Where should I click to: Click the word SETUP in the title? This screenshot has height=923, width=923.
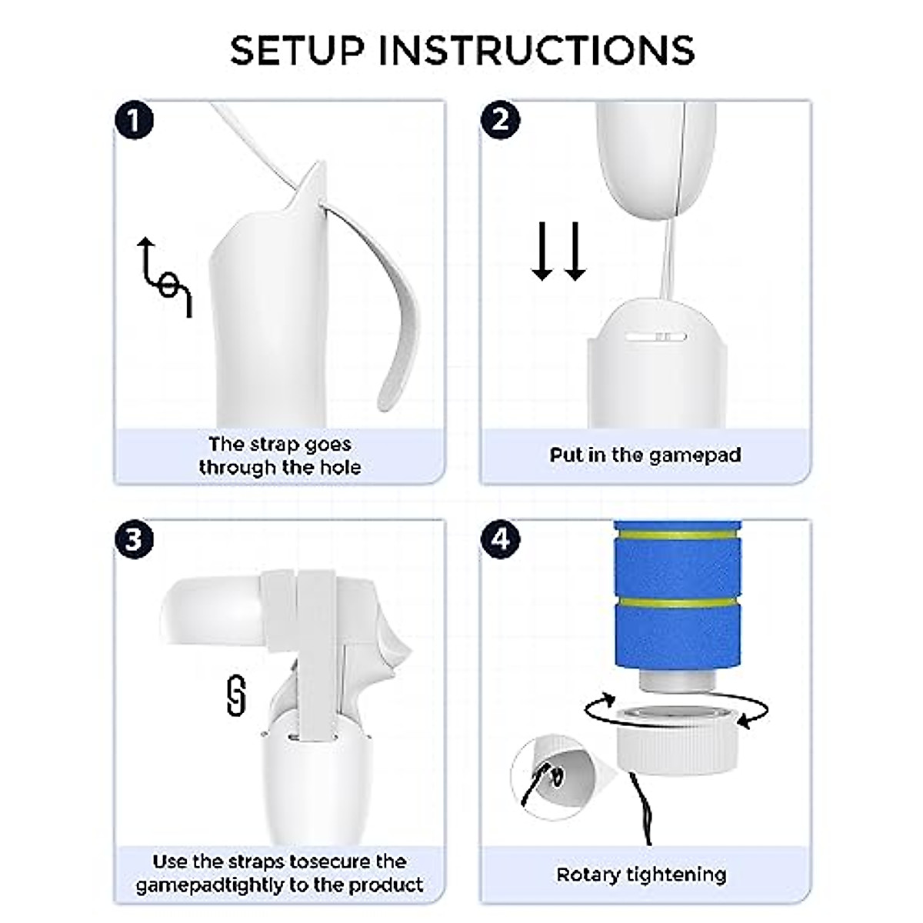tap(296, 50)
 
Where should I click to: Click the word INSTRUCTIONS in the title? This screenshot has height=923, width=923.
tap(536, 50)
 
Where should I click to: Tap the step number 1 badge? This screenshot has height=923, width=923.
tap(134, 120)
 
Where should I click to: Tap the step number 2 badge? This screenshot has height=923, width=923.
tap(500, 120)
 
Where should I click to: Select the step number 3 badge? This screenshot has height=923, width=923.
tap(134, 540)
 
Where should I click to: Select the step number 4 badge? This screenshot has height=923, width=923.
tap(500, 540)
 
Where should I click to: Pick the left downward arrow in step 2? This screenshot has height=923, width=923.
tap(542, 251)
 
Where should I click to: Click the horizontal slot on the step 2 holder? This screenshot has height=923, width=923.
tap(656, 337)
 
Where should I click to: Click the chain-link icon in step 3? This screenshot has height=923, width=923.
tap(235, 696)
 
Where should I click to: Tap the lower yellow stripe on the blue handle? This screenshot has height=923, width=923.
tap(678, 602)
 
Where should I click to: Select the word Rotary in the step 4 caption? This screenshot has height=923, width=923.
tap(588, 875)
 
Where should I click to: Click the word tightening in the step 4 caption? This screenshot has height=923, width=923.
tap(676, 875)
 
